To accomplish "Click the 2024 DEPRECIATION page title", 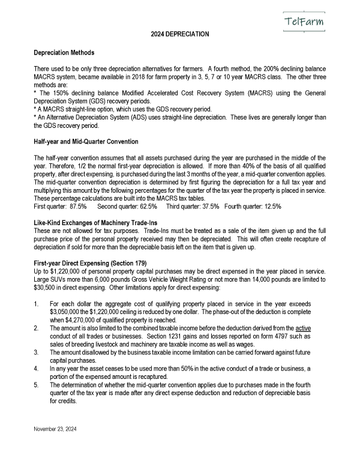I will (179, 34).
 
